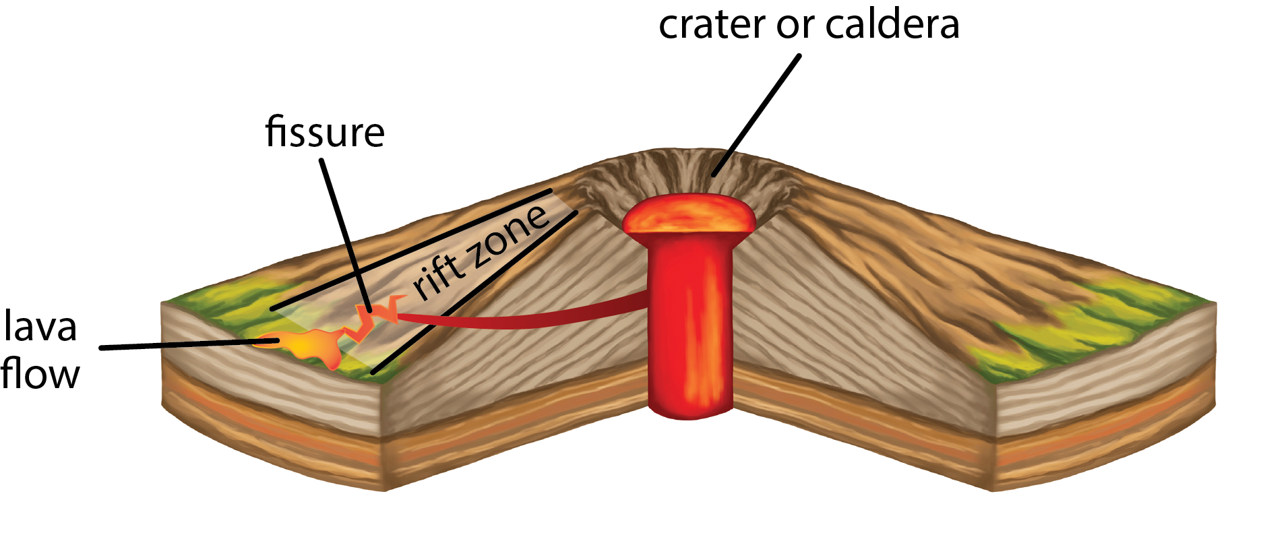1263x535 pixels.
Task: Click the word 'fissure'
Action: pyautogui.click(x=325, y=132)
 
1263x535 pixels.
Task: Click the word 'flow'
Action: pyautogui.click(x=40, y=374)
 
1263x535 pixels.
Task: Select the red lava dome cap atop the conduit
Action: pyautogui.click(x=688, y=215)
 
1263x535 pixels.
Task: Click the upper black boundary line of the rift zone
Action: pyautogui.click(x=411, y=250)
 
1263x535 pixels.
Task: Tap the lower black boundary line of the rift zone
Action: pyautogui.click(x=472, y=294)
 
